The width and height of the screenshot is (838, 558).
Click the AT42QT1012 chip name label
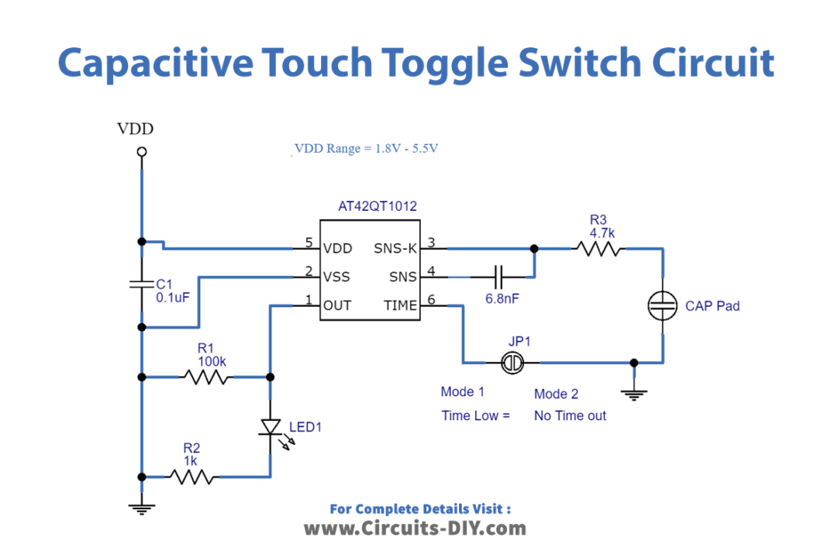pyautogui.click(x=377, y=207)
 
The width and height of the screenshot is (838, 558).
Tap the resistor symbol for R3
pyautogui.click(x=597, y=249)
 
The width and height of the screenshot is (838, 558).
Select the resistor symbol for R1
pyautogui.click(x=205, y=377)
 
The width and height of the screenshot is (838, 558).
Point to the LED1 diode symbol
pyautogui.click(x=270, y=427)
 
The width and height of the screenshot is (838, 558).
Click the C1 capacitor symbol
pyautogui.click(x=141, y=284)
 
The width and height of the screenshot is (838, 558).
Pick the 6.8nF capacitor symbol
pyautogui.click(x=498, y=277)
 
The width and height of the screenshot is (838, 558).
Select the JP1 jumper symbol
pyautogui.click(x=512, y=362)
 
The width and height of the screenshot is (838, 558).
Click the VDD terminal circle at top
pyautogui.click(x=141, y=153)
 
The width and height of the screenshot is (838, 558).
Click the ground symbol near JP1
pyautogui.click(x=634, y=394)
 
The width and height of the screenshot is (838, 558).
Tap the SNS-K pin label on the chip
pyautogui.click(x=395, y=249)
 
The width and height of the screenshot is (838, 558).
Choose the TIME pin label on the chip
pyautogui.click(x=400, y=306)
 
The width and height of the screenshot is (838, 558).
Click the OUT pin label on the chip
pyautogui.click(x=337, y=306)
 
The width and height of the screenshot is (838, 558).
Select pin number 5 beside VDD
pyautogui.click(x=309, y=243)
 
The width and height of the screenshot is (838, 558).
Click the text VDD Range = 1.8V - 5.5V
pyautogui.click(x=366, y=149)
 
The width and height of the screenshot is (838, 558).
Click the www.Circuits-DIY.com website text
pyautogui.click(x=414, y=529)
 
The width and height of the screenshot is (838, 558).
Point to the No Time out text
pyautogui.click(x=570, y=416)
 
